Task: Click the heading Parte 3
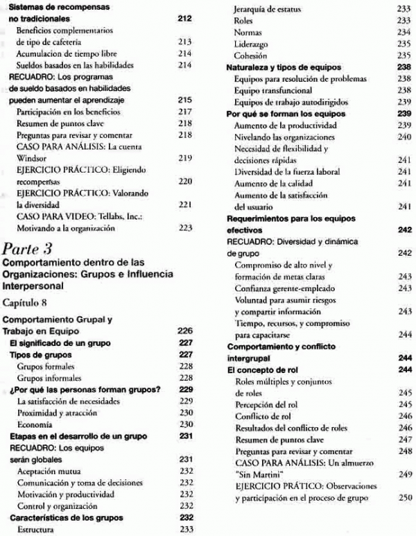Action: (28, 246)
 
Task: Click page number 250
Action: (405, 498)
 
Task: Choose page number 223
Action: (185, 227)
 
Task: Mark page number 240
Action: (405, 137)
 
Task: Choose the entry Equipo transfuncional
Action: (273, 90)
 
